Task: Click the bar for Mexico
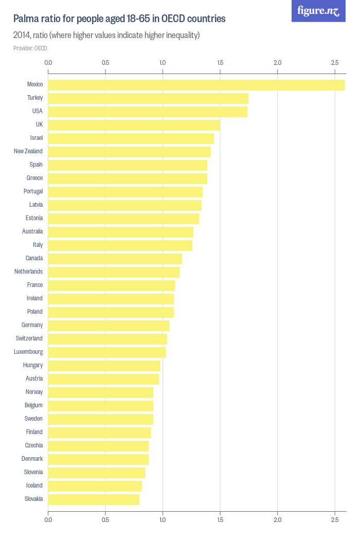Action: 196,84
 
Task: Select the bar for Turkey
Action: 148,98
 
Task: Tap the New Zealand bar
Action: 129,151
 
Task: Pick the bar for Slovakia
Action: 94,499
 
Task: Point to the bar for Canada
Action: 115,258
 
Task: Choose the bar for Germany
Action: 109,325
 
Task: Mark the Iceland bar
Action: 95,485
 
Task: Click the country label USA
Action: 37,111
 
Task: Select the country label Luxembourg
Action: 28,352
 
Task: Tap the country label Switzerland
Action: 29,338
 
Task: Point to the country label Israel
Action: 37,138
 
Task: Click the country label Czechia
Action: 34,445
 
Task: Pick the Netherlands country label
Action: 28,272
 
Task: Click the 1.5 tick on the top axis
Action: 220,63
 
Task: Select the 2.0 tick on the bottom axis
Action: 278,520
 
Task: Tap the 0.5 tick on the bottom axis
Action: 105,520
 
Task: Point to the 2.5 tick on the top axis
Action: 335,63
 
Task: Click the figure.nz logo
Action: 318,11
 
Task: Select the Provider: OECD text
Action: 30,48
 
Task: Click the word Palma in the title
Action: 26,19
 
